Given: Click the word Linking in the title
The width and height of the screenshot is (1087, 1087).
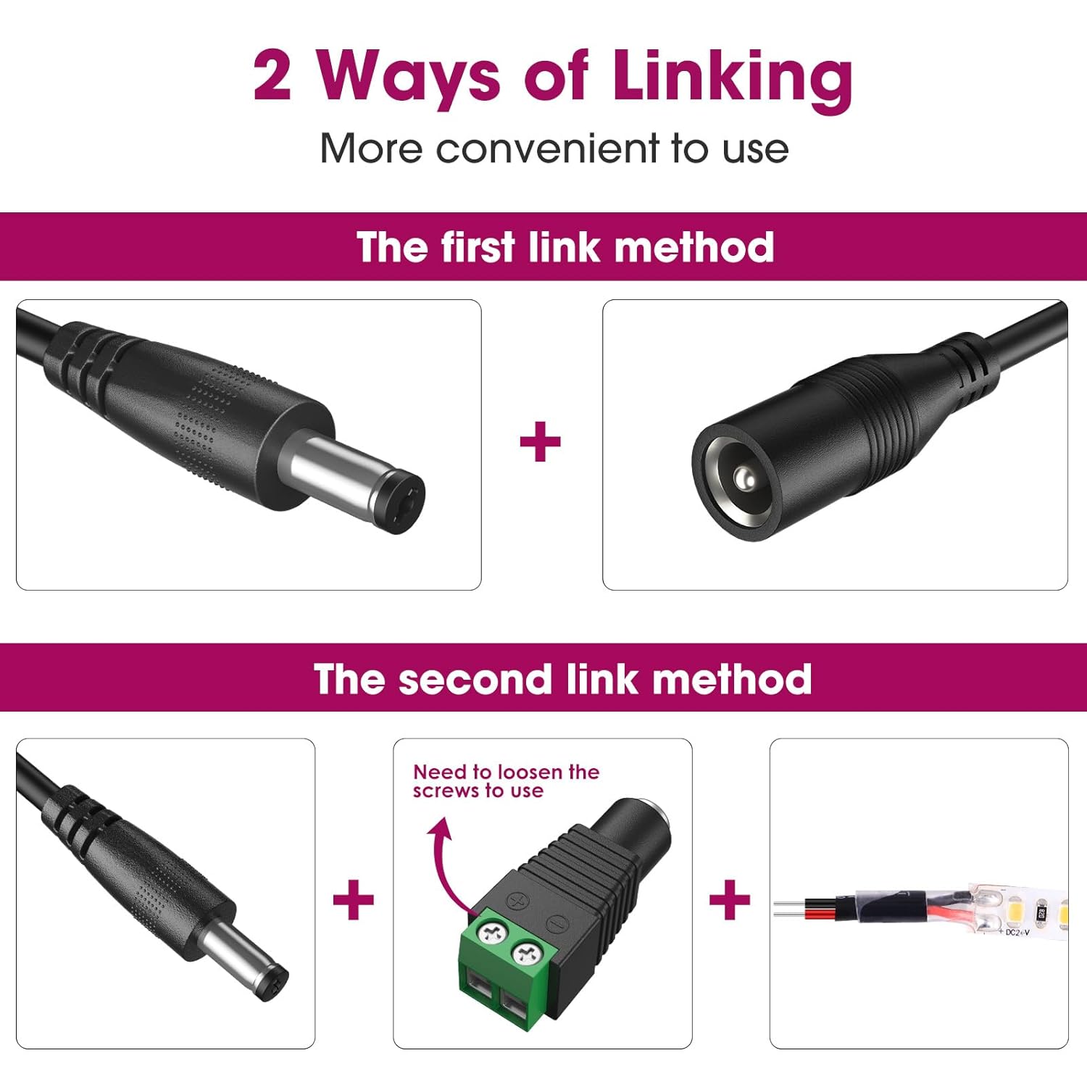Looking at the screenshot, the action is [732, 78].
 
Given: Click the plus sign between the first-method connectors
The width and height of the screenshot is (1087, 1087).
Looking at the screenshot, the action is [541, 442].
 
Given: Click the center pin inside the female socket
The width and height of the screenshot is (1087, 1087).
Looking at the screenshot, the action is [742, 477].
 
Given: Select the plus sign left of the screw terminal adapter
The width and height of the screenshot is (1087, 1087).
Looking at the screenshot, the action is [354, 900].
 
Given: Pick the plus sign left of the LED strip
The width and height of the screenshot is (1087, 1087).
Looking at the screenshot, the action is [730, 900].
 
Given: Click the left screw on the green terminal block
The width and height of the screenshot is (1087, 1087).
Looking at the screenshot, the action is [492, 933].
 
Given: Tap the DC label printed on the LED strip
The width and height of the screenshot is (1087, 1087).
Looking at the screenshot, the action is [1016, 932].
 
